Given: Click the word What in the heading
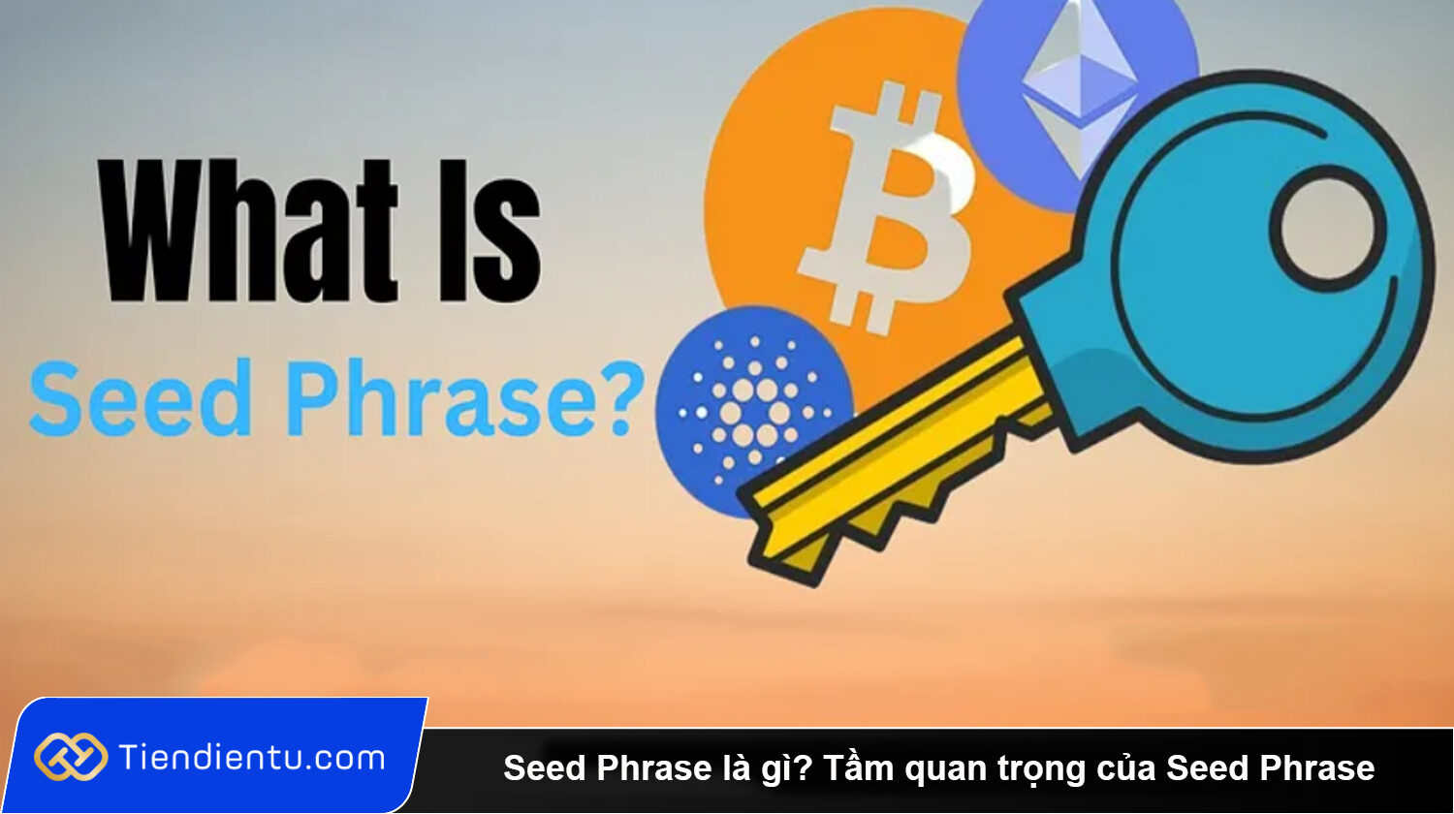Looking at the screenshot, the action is (x=248, y=231).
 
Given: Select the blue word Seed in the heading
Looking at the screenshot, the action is (x=141, y=398).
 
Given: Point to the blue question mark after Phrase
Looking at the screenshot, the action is (x=621, y=398).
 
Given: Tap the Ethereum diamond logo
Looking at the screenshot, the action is (x=1080, y=84).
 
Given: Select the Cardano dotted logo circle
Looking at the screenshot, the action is (x=753, y=412).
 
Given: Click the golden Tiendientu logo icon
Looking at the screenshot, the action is (x=71, y=757).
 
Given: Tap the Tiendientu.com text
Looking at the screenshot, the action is (x=252, y=758).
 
